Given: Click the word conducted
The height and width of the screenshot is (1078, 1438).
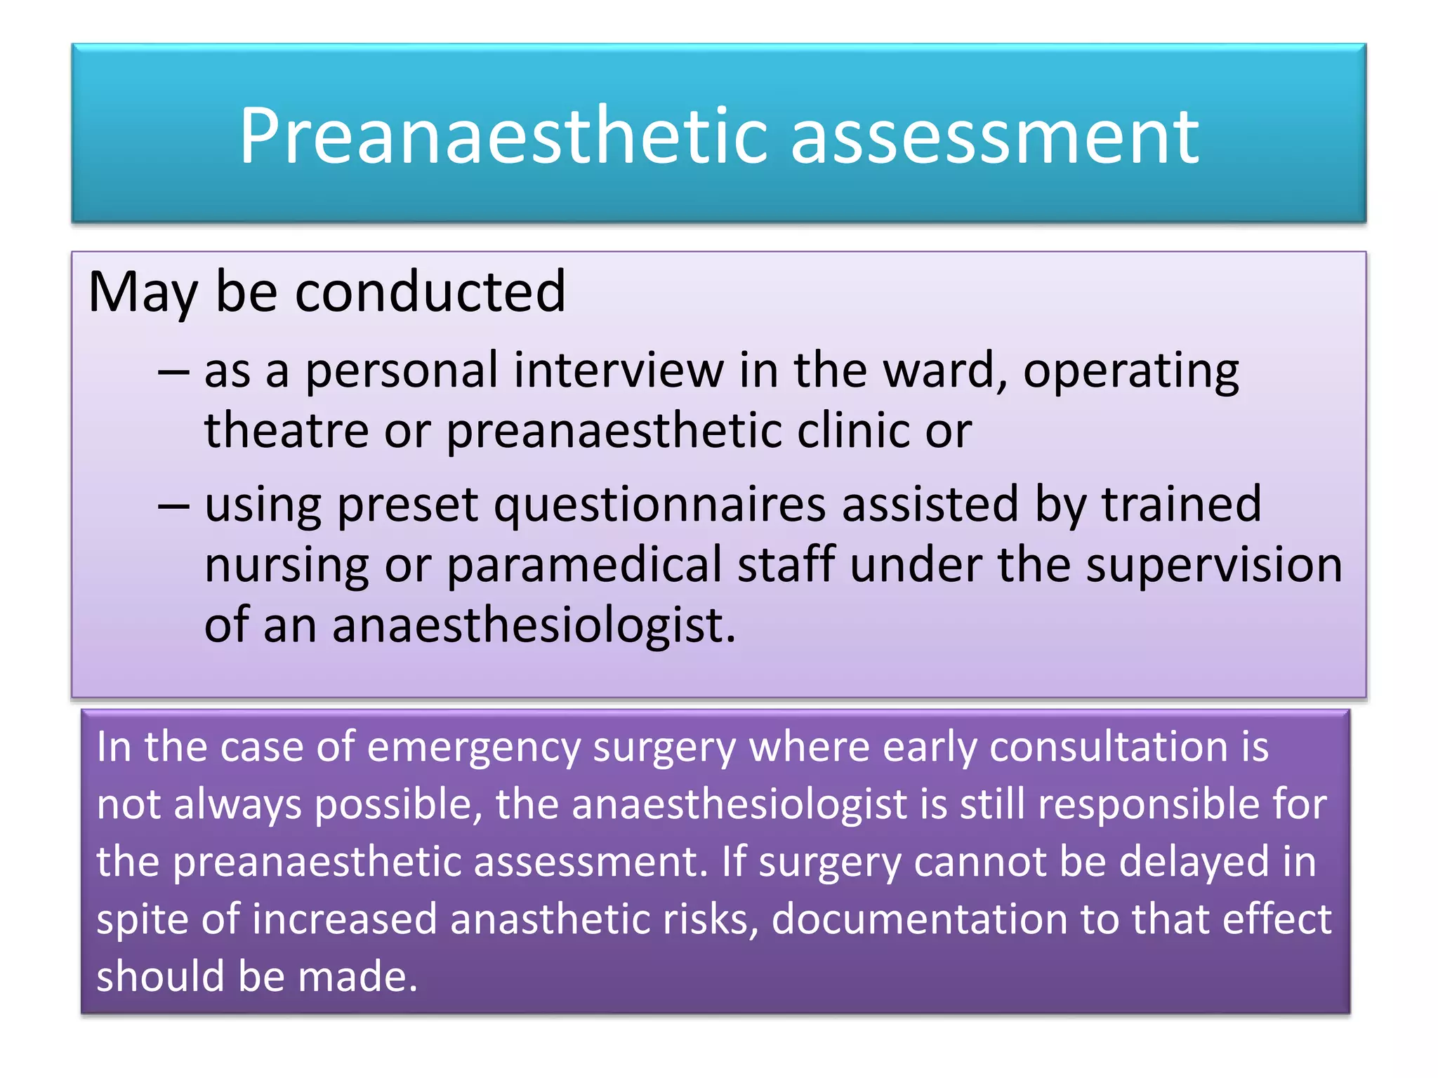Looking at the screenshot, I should pyautogui.click(x=430, y=291).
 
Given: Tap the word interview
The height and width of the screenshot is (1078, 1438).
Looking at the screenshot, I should pyautogui.click(x=618, y=370).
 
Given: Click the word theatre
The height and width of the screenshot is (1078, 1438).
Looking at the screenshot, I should pyautogui.click(x=286, y=430).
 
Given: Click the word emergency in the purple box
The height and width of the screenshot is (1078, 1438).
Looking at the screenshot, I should pyautogui.click(x=473, y=747).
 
